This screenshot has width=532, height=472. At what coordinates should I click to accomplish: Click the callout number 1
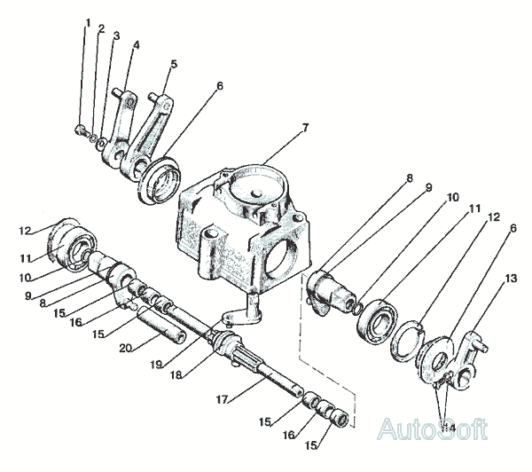click(x=88, y=23)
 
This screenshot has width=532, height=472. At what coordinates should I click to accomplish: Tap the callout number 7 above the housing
click(x=305, y=129)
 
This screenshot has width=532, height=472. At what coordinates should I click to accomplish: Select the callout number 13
click(x=511, y=279)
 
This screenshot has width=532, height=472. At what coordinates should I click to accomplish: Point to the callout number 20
click(x=126, y=348)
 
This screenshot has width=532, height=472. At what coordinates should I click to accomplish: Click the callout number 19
click(x=156, y=365)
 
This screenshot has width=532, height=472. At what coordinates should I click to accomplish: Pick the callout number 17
click(x=223, y=399)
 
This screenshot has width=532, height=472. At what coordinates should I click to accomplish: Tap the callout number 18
click(x=176, y=374)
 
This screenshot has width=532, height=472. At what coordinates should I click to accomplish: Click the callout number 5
click(x=174, y=64)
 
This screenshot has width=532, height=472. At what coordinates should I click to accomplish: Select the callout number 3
click(x=116, y=36)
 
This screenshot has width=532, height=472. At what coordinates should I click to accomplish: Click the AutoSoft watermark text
click(x=433, y=429)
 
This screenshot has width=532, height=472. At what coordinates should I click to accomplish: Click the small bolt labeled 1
click(x=81, y=130)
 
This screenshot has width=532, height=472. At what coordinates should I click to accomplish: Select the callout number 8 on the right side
click(x=410, y=178)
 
